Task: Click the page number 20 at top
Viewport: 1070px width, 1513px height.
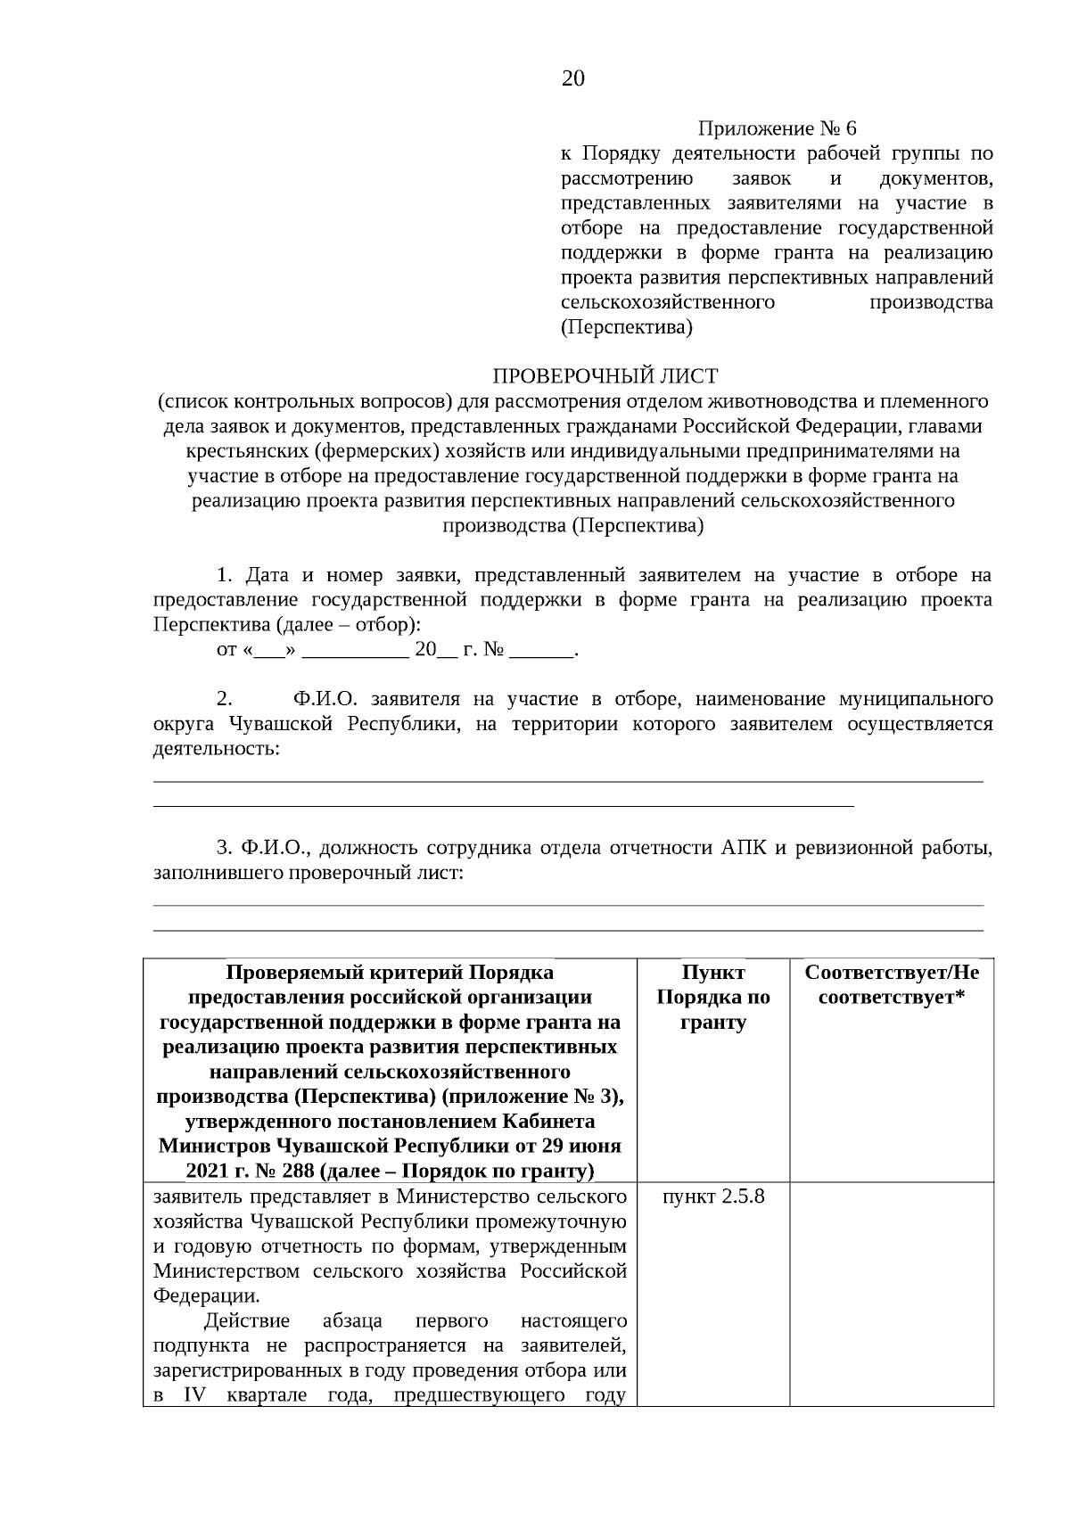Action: [573, 79]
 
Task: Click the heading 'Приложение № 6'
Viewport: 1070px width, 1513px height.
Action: [777, 128]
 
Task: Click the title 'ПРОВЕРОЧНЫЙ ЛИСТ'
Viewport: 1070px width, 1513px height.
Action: [605, 376]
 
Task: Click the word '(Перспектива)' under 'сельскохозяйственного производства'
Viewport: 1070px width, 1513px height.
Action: [626, 327]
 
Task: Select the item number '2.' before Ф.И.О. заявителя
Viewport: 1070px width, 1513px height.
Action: [225, 698]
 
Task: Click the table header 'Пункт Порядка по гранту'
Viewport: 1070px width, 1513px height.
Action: [713, 997]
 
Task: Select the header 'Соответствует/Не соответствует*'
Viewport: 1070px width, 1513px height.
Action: [892, 984]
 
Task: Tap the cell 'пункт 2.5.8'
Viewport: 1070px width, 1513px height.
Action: [713, 1196]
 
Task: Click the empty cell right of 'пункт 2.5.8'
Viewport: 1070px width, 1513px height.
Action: [892, 1293]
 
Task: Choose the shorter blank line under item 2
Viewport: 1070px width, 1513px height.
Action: [504, 805]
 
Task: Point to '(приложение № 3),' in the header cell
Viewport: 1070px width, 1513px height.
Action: [544, 1096]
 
